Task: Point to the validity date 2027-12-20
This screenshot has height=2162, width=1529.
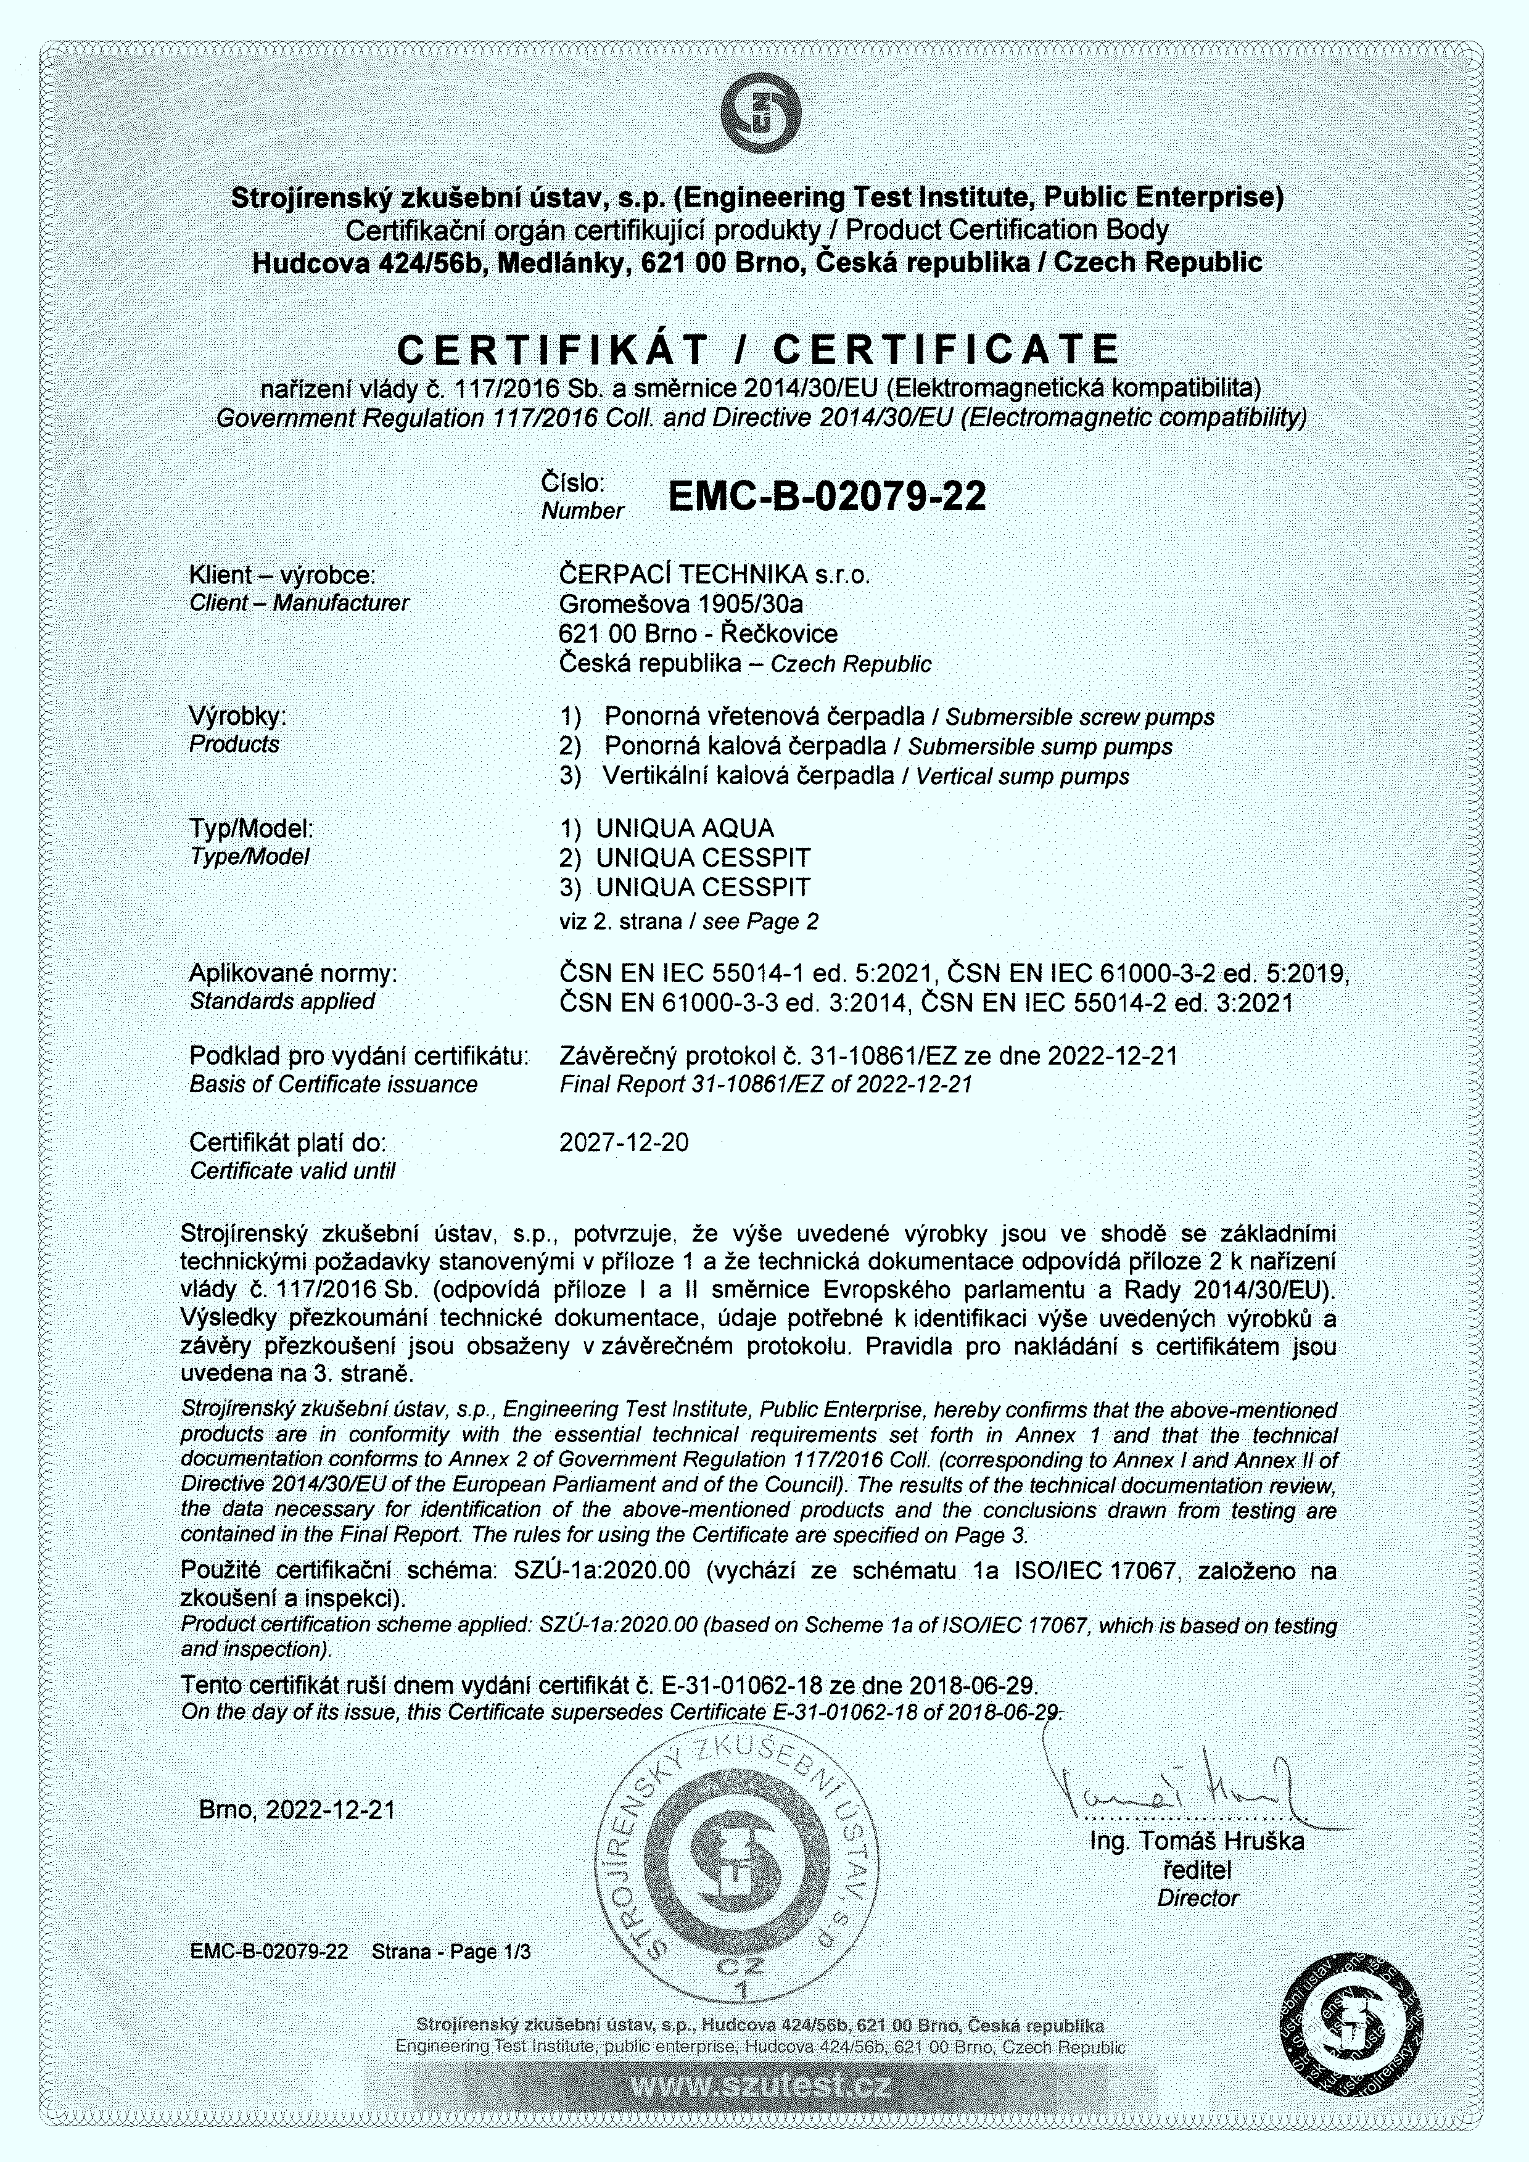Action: coord(624,1142)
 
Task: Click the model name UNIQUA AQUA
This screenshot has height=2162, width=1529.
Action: coord(685,828)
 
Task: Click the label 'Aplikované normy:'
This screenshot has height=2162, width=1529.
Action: coord(293,973)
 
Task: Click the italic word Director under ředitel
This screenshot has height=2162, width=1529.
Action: coord(1198,1899)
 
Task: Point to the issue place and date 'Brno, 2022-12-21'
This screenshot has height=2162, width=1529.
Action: coord(297,1810)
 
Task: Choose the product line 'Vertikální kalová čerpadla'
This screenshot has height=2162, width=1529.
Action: coord(749,776)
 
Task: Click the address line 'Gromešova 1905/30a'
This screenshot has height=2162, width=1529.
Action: coord(681,604)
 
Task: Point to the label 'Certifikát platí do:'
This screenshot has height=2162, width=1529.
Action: coord(287,1142)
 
